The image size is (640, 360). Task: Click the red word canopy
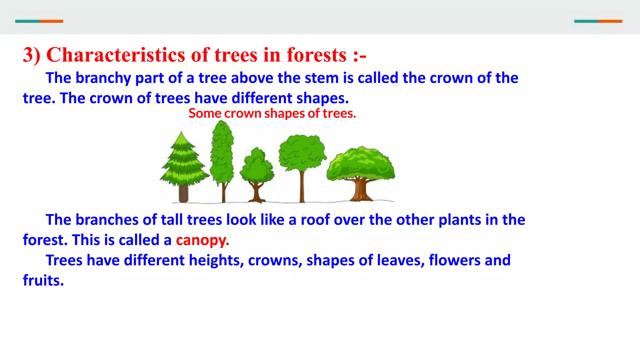[202, 240]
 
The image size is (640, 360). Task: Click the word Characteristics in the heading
[116, 55]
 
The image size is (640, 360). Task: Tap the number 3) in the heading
[32, 55]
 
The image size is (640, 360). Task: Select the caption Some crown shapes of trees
[272, 113]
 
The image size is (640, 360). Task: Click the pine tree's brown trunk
[183, 194]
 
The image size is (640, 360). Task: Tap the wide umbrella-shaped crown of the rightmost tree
[361, 164]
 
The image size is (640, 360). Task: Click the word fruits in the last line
[43, 280]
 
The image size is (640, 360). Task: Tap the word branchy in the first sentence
[103, 78]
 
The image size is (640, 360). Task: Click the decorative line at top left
[39, 21]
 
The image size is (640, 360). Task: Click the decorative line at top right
[598, 21]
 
